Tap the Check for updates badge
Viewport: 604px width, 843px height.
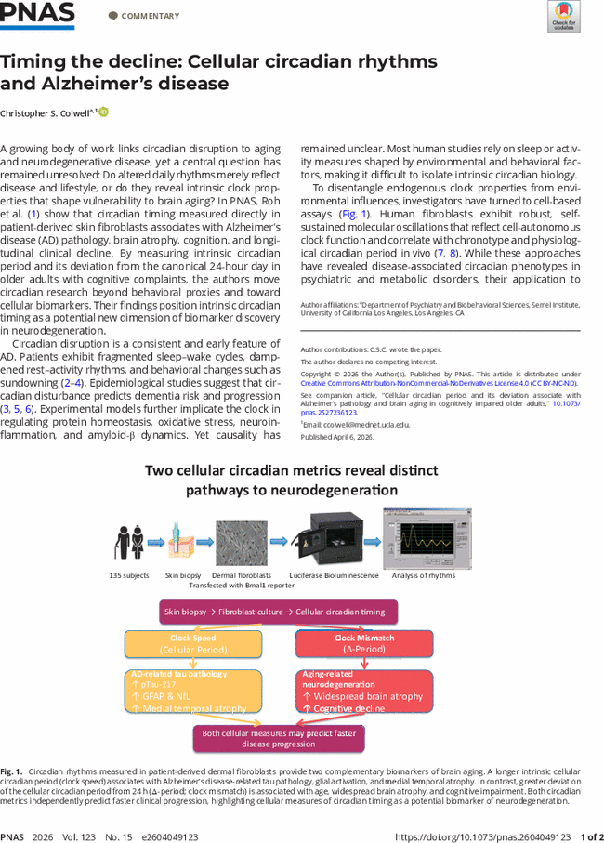click(x=564, y=16)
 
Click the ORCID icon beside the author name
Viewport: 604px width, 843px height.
click(x=104, y=112)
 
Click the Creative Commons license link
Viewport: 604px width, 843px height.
click(x=439, y=383)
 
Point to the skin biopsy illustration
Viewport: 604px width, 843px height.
click(x=184, y=542)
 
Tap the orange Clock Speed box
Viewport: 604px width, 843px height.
click(x=192, y=643)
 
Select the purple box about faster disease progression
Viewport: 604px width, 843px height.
click(x=278, y=738)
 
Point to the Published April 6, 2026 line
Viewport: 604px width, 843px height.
click(x=336, y=436)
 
